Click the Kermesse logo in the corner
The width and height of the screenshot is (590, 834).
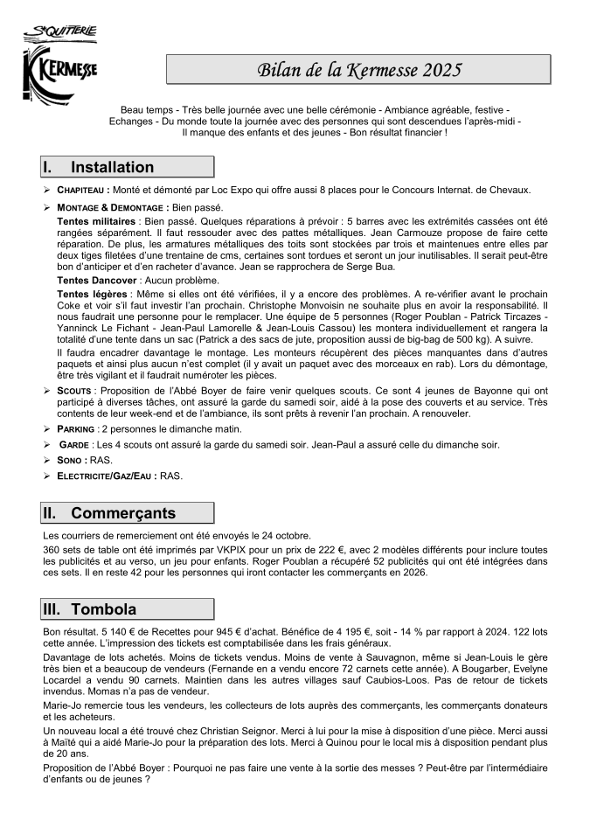60,62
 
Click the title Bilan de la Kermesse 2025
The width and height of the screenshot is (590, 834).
358,70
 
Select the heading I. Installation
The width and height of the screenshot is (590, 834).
128,167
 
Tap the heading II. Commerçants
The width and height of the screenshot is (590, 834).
128,513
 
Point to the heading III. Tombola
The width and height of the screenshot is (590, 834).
128,609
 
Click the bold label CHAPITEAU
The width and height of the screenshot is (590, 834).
82,191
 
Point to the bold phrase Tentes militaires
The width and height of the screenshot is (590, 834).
96,223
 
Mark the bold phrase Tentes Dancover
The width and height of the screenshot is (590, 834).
96,279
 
